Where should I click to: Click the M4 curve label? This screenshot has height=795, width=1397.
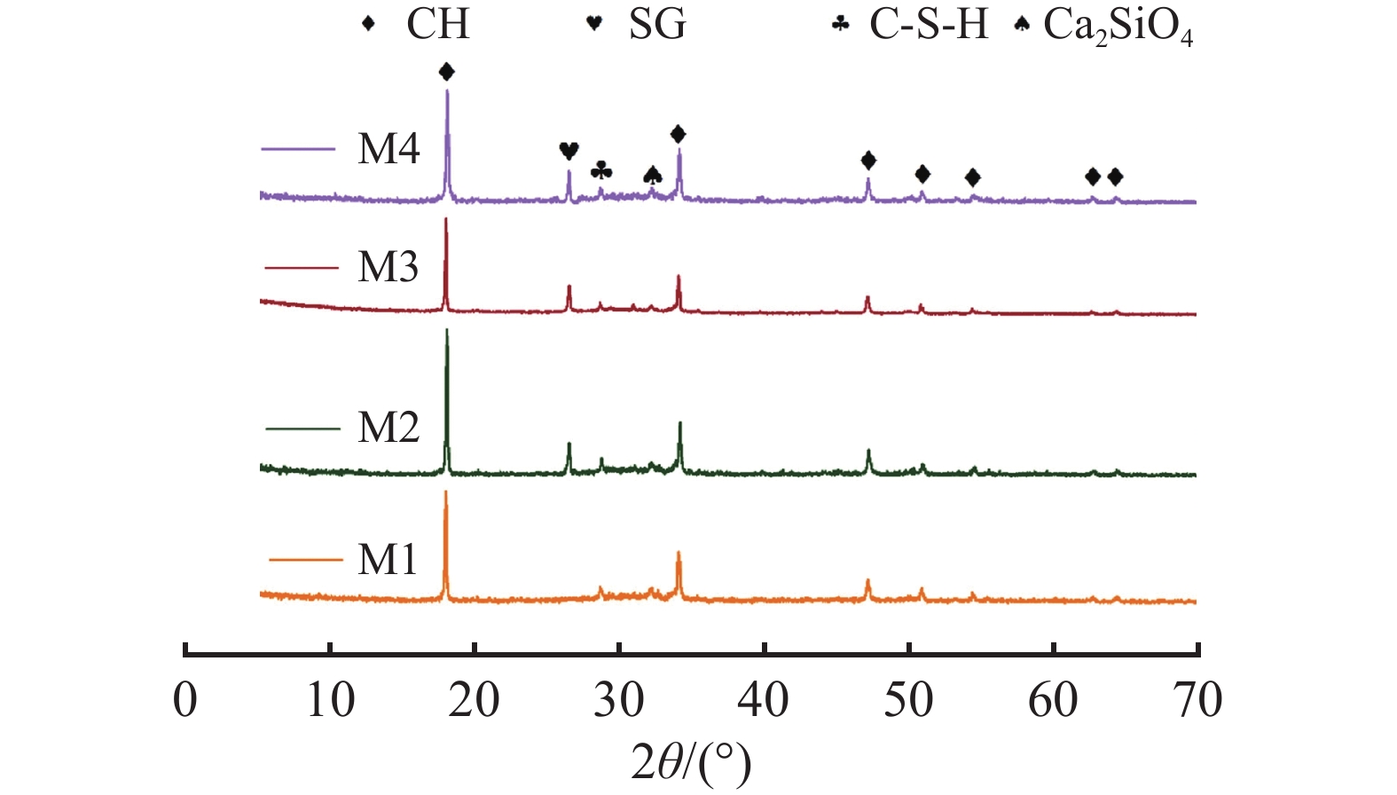(x=388, y=149)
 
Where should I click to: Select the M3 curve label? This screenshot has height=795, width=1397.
(x=388, y=267)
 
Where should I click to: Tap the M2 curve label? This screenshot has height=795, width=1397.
(x=388, y=428)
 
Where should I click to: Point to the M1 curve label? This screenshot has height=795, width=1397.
(x=387, y=560)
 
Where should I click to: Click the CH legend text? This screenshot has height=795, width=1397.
(x=437, y=24)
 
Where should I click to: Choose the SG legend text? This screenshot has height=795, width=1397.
(x=657, y=24)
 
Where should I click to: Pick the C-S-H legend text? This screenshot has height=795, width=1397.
(x=928, y=24)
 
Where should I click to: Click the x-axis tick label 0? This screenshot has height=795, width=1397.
(x=184, y=700)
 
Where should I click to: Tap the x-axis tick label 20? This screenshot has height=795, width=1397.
(x=475, y=700)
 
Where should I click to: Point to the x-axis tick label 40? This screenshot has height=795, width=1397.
(x=764, y=700)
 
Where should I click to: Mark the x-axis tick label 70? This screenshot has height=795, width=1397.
(x=1197, y=700)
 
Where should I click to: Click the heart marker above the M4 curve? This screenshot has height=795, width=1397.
(x=569, y=151)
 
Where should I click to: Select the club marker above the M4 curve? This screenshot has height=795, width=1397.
(x=600, y=169)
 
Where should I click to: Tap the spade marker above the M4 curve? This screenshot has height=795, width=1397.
(x=652, y=176)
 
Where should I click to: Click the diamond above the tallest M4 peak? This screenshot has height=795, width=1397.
(x=446, y=72)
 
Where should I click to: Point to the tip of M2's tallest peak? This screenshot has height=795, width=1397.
(x=446, y=330)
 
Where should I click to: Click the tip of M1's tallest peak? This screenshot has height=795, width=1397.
(x=445, y=492)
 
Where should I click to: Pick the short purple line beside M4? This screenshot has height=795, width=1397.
(x=299, y=149)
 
